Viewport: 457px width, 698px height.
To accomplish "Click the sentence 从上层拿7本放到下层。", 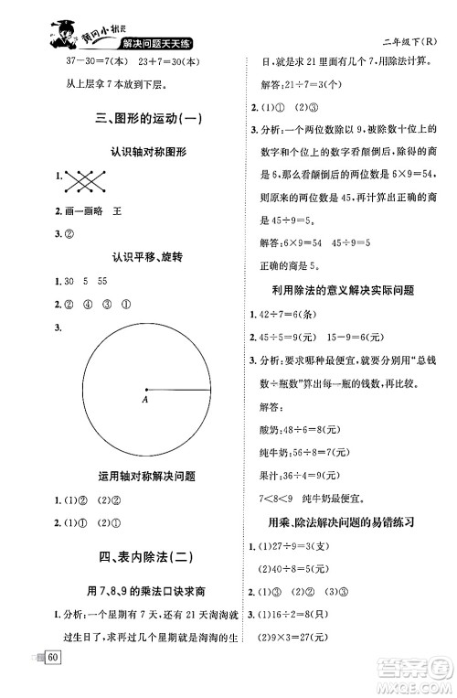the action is pyautogui.click(x=89, y=86).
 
